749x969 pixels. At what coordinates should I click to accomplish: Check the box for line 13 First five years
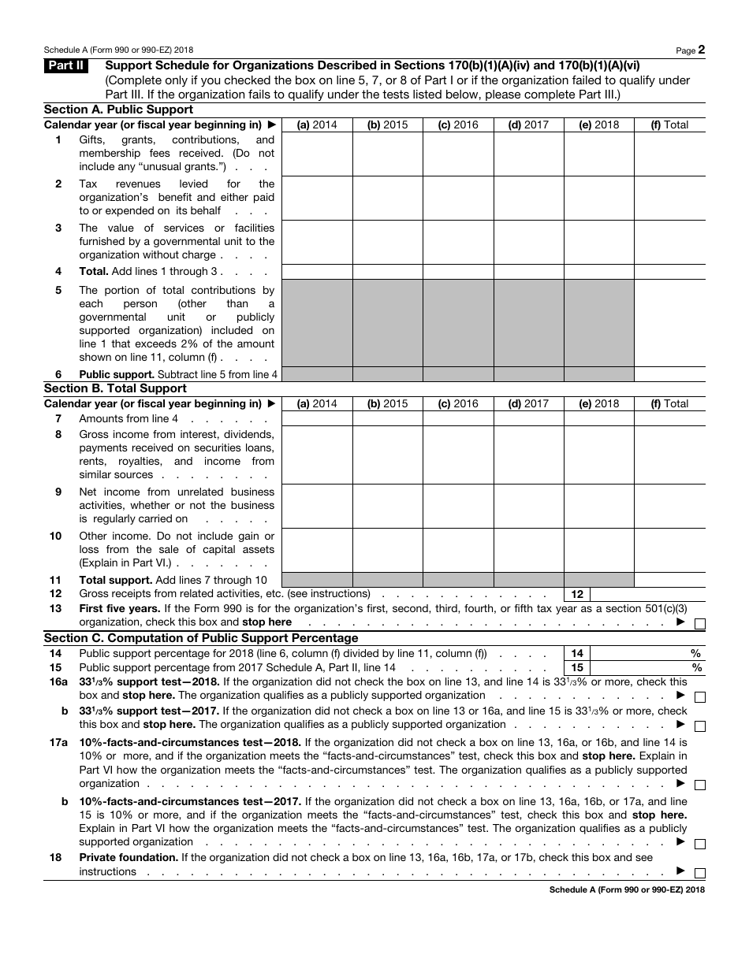[700, 624]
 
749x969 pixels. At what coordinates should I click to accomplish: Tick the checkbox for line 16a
[700, 697]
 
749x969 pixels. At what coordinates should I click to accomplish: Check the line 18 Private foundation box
[700, 873]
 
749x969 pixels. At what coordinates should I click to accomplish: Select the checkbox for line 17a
[700, 785]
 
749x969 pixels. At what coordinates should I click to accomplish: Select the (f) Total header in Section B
[669, 403]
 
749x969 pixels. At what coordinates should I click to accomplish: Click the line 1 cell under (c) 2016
[458, 154]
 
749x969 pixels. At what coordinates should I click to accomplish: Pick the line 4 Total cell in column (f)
[669, 272]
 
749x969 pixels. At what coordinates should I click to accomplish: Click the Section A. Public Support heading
[118, 110]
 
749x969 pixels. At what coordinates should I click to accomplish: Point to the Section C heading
[200, 638]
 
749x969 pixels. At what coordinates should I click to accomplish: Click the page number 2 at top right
[701, 50]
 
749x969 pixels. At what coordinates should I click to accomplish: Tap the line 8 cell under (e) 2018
[599, 455]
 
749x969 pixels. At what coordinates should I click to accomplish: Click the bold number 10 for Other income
[56, 536]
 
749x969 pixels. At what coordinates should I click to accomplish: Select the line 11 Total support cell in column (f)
[669, 580]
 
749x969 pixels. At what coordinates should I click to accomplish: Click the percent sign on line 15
[697, 667]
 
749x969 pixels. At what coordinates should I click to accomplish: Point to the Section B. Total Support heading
[115, 388]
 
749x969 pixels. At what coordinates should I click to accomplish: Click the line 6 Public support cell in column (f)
[669, 374]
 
